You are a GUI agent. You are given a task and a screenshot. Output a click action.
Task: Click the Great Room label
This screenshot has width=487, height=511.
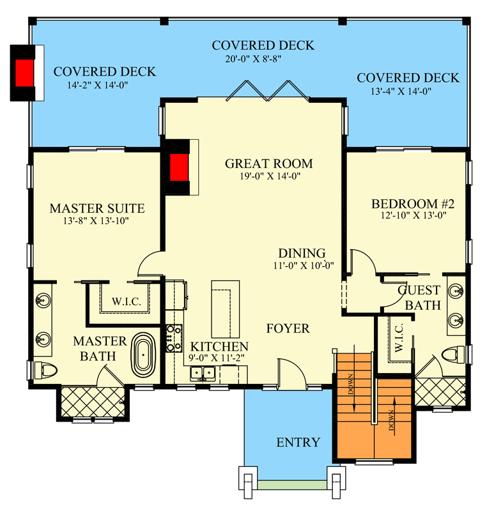click(268, 164)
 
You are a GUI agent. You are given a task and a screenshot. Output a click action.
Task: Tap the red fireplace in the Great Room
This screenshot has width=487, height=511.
click(179, 168)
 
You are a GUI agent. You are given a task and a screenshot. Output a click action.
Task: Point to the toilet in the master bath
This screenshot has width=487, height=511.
click(46, 370)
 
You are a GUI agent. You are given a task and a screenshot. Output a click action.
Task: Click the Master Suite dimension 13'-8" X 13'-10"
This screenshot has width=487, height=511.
click(97, 221)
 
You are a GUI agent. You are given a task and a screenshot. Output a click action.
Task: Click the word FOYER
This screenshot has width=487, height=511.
click(288, 329)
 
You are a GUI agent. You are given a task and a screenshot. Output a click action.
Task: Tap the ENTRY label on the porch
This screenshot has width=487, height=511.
click(298, 443)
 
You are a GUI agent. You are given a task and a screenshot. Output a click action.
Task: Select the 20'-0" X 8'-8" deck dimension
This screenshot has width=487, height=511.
click(263, 58)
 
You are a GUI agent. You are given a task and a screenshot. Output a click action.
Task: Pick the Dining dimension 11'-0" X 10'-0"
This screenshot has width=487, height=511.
click(301, 266)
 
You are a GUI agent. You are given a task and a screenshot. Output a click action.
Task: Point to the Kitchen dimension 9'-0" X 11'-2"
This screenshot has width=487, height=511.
click(219, 358)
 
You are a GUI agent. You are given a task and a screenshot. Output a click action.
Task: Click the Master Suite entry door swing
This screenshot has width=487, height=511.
click(150, 262)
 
